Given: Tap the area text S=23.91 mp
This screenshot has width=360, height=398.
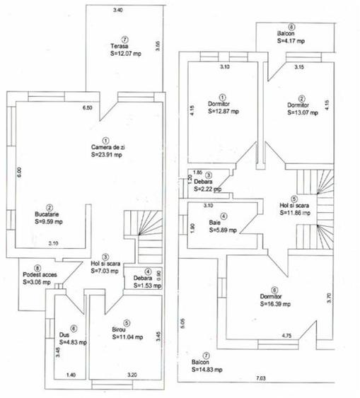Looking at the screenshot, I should tap(106, 153).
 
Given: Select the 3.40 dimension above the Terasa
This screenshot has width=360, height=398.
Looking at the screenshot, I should tap(117, 10).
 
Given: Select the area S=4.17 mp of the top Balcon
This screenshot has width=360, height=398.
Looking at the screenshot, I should tap(290, 40).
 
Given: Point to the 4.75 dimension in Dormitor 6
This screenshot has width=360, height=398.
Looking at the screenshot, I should tap(288, 335).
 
